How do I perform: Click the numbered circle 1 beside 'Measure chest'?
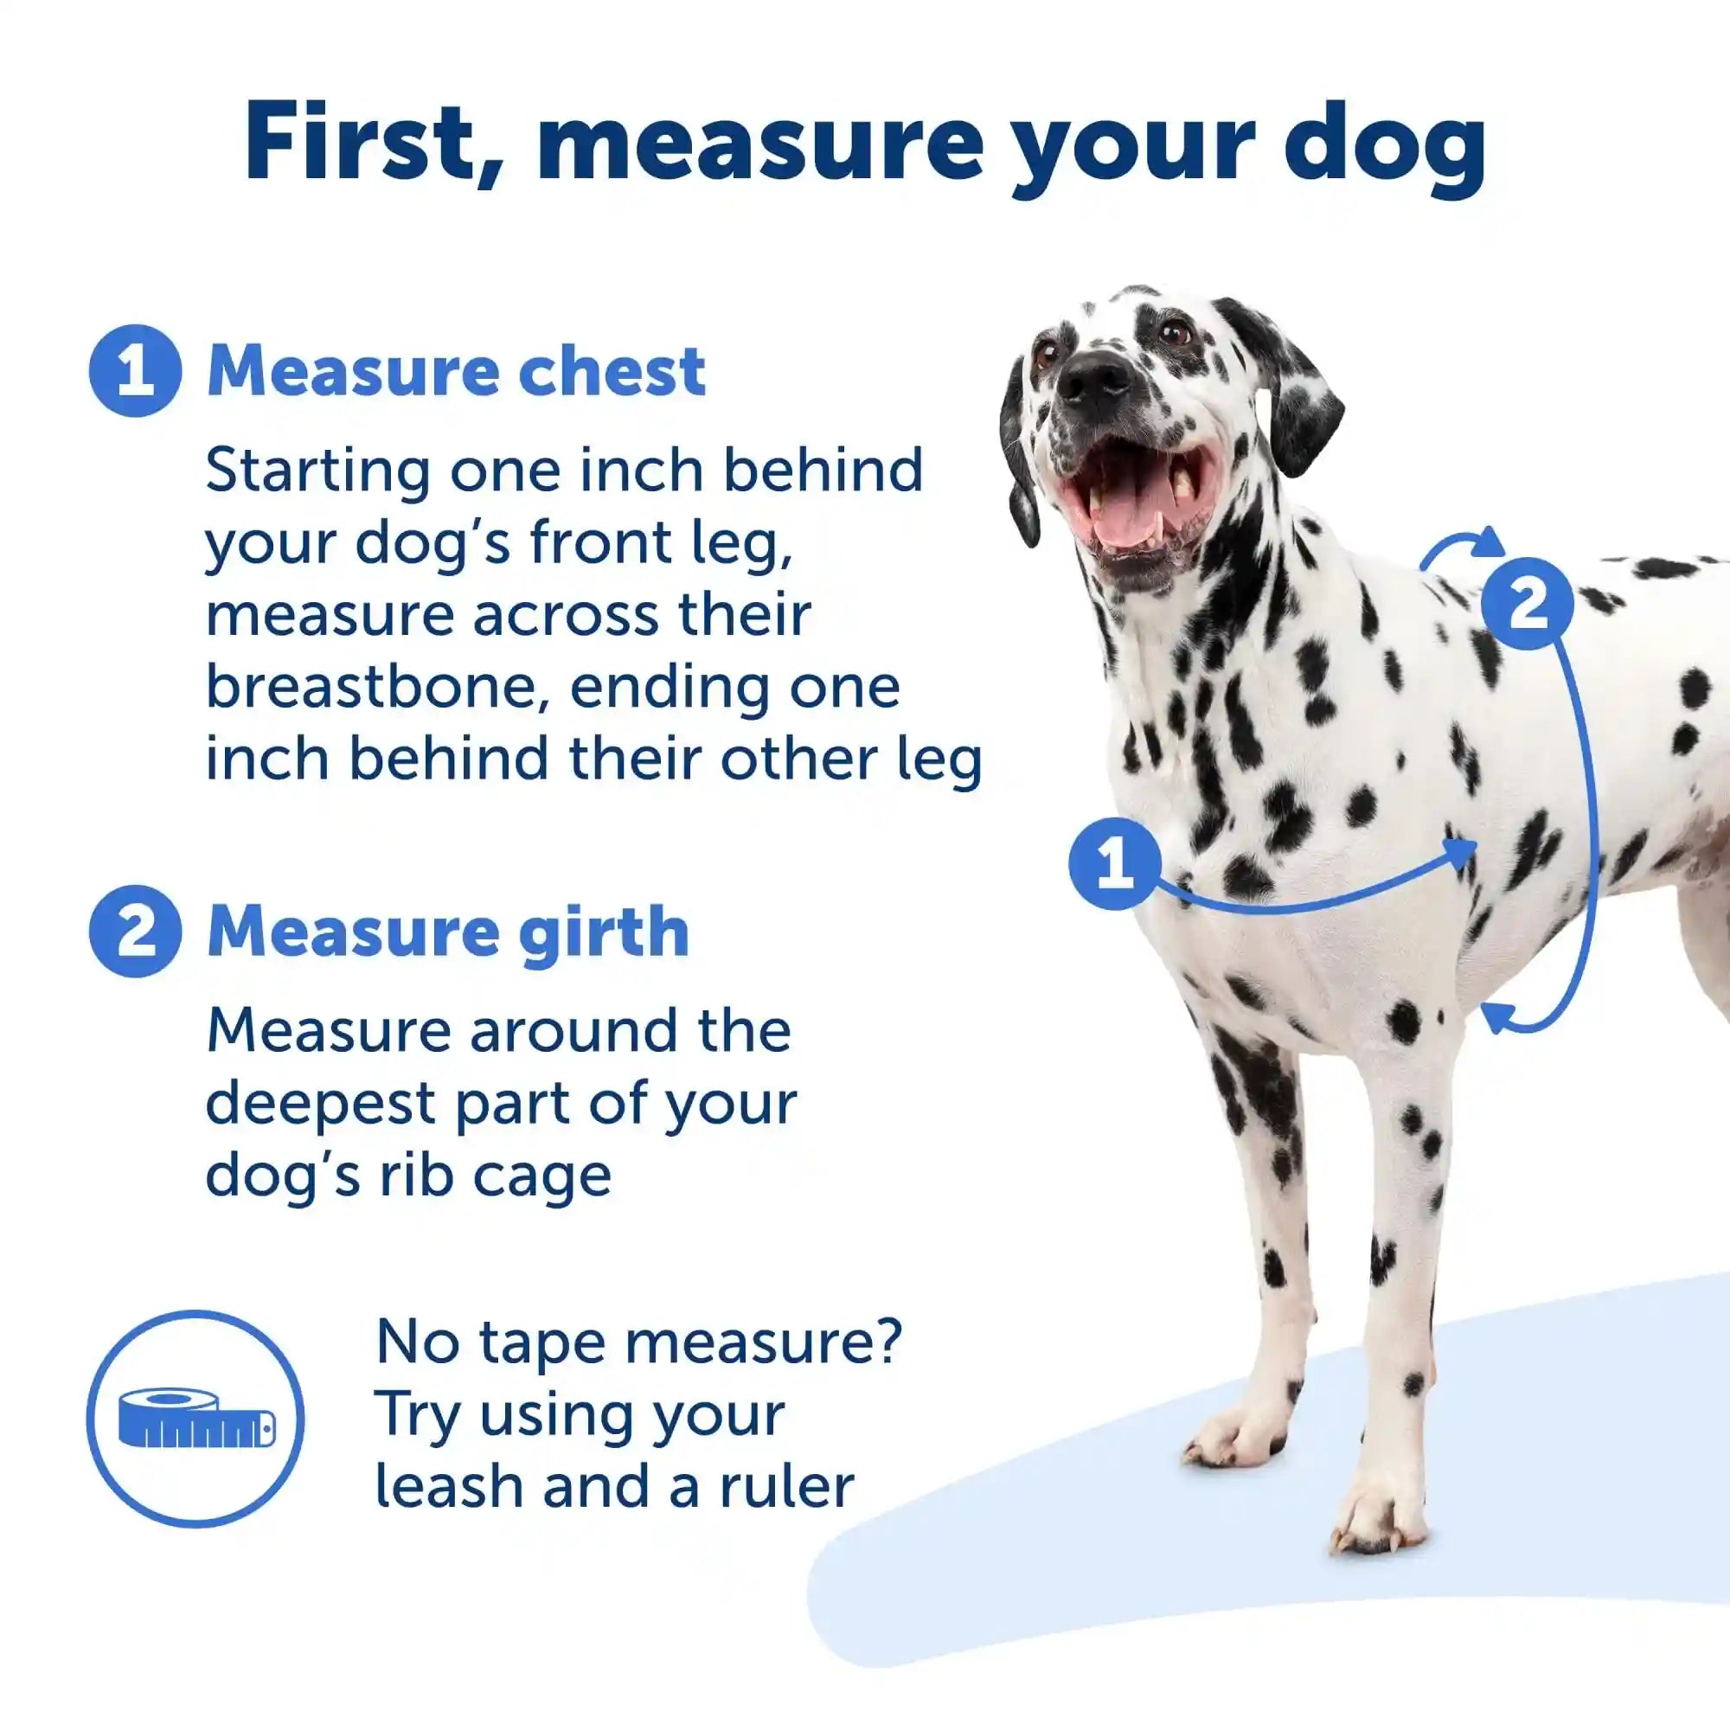click(135, 371)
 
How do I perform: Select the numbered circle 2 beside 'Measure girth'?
click(135, 932)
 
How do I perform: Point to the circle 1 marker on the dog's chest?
click(1114, 863)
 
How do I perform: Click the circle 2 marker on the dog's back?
click(1527, 604)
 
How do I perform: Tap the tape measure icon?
click(196, 1419)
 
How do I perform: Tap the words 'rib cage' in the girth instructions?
click(494, 1176)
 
